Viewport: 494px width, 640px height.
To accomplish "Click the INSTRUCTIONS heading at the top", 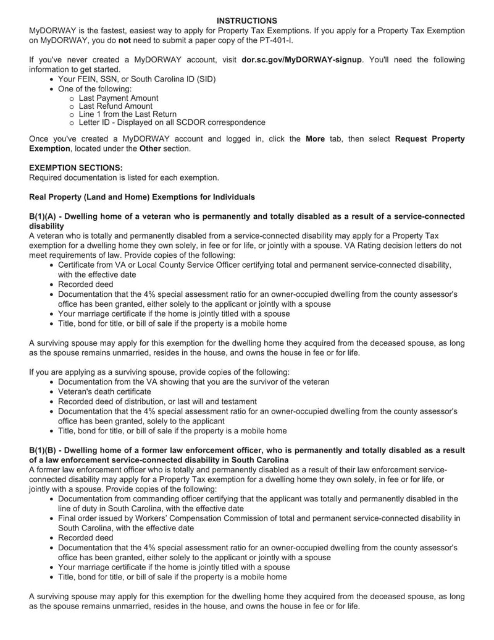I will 247,21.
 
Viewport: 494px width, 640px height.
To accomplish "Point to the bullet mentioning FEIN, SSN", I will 136,80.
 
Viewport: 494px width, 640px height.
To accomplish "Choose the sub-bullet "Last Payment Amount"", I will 119,98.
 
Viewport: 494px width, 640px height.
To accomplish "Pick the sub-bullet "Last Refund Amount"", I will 115,106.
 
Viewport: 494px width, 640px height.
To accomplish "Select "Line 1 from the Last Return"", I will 128,114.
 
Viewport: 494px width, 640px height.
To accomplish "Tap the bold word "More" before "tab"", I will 315,139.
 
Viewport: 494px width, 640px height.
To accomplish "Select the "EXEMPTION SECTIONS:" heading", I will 76,168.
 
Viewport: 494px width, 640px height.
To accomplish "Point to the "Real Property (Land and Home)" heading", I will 142,197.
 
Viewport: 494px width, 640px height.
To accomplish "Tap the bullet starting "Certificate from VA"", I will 254,265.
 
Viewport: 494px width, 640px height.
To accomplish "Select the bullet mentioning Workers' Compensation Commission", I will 259,518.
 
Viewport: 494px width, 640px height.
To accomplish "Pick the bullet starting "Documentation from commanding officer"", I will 257,498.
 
